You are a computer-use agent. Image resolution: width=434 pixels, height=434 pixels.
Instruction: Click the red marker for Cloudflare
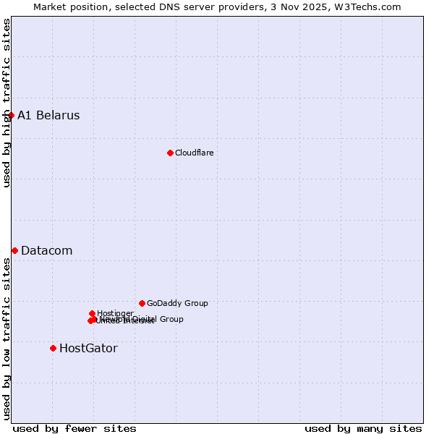(170, 153)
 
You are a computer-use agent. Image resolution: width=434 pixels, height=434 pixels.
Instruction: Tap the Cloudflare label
(194, 153)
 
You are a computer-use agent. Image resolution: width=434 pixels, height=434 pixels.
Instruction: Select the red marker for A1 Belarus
(11, 115)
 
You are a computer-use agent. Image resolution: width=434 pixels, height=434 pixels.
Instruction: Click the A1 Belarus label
(48, 116)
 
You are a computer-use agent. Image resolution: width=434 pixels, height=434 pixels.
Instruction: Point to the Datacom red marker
(14, 250)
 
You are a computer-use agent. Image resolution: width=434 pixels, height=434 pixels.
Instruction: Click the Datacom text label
(46, 251)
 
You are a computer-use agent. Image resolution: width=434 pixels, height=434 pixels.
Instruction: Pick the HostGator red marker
(53, 348)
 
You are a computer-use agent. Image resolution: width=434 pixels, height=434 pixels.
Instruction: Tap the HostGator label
(88, 349)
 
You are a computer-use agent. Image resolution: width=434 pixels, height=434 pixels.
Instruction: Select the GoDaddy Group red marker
(142, 303)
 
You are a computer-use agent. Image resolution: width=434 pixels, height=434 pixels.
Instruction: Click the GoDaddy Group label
(177, 303)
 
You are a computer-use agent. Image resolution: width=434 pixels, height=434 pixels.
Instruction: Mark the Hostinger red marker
(92, 313)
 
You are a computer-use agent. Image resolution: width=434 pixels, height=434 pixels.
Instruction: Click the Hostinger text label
(115, 313)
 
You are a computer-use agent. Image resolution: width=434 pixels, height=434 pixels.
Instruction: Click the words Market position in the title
(69, 7)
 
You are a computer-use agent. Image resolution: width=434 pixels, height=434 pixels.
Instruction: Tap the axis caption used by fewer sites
(75, 428)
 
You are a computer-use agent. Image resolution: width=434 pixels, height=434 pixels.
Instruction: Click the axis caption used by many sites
(363, 428)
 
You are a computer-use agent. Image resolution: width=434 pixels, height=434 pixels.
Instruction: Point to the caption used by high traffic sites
(7, 103)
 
